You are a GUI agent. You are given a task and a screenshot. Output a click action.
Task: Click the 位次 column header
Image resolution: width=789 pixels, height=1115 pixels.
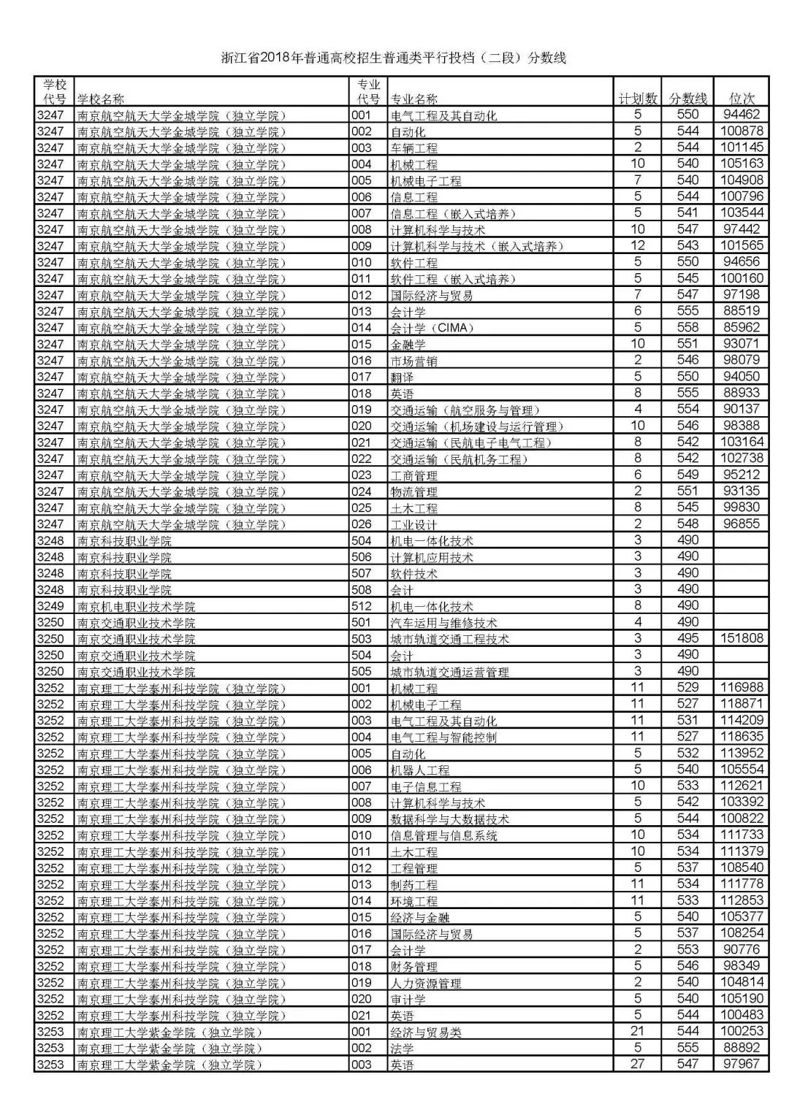[742, 99]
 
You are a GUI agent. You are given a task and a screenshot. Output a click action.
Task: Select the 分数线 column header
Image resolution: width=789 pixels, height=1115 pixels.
[688, 99]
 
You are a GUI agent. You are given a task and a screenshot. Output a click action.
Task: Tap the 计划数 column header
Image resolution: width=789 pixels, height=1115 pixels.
[637, 99]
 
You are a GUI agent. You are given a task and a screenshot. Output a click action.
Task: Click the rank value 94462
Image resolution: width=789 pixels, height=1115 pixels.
[742, 115]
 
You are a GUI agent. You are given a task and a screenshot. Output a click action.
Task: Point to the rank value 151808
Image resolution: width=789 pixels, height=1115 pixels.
[742, 638]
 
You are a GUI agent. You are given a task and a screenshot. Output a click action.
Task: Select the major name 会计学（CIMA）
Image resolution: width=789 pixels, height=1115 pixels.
[432, 328]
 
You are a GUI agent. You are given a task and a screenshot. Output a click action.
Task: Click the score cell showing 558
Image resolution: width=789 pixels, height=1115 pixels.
[687, 327]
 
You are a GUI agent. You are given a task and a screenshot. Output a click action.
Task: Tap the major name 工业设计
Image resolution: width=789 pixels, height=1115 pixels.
[414, 524]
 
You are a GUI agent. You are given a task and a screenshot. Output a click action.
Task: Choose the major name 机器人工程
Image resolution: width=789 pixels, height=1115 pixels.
[420, 770]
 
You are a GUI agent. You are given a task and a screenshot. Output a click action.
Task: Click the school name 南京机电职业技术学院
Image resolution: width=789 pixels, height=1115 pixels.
[137, 606]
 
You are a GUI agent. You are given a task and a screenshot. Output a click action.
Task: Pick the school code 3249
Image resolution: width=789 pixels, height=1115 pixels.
[50, 606]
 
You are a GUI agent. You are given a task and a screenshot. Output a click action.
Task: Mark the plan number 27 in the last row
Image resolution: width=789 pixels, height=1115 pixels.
[638, 1064]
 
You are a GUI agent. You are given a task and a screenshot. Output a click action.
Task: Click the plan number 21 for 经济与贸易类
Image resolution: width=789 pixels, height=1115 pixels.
[638, 1031]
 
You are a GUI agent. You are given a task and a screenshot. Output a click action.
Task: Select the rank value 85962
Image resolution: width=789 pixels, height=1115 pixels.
[742, 327]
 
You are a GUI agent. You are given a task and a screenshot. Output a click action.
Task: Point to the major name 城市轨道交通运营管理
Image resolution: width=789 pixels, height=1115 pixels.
[450, 672]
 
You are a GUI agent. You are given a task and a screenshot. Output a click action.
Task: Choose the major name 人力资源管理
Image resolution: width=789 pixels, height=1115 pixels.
[426, 983]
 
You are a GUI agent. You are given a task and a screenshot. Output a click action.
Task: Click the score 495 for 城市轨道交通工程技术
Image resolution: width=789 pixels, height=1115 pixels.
[687, 638]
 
